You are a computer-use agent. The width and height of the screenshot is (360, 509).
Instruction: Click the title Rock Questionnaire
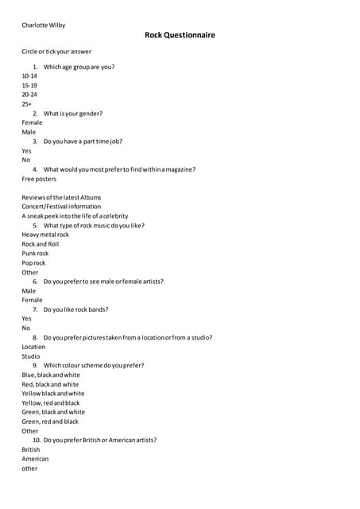click(x=180, y=35)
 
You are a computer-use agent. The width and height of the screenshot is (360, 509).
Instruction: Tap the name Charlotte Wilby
click(x=44, y=25)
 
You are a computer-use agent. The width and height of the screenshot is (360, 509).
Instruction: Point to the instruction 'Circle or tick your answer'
click(x=56, y=52)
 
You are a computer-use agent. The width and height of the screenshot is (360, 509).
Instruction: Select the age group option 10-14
click(x=29, y=76)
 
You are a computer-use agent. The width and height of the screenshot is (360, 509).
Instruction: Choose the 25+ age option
click(x=27, y=104)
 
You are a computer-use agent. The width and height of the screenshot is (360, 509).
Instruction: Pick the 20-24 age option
click(x=29, y=95)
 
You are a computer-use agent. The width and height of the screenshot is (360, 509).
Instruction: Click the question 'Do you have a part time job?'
click(x=83, y=142)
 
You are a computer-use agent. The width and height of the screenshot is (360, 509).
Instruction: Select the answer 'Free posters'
click(x=39, y=179)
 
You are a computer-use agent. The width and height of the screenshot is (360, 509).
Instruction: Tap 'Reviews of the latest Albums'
click(x=61, y=197)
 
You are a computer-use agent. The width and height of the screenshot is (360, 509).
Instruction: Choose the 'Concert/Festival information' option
click(x=61, y=207)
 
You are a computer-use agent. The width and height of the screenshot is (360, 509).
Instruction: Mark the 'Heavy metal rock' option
click(x=45, y=235)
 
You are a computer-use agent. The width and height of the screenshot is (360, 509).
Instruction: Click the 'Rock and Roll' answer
click(x=40, y=244)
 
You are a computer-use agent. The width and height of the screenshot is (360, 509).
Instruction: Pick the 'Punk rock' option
click(x=35, y=254)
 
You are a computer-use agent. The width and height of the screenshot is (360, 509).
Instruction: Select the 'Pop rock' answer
click(x=33, y=263)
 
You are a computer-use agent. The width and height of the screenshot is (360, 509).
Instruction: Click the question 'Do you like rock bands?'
click(x=75, y=309)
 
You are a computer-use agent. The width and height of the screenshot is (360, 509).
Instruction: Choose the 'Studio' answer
click(x=31, y=356)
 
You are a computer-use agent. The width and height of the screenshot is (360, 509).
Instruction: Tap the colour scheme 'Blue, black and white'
click(x=51, y=375)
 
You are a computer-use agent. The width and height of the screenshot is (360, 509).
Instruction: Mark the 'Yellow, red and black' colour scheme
click(x=51, y=403)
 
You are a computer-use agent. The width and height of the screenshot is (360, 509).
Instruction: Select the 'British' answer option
click(x=31, y=449)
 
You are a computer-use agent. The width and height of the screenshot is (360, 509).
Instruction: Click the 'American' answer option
click(x=35, y=459)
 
